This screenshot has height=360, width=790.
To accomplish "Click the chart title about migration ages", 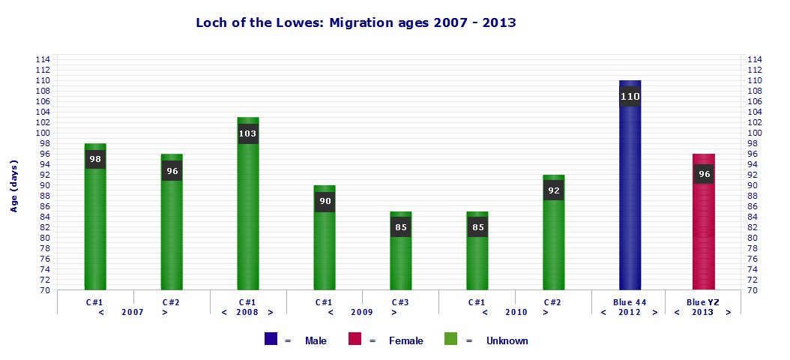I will point(356,22).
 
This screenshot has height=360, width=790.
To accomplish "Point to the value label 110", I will point(630,96).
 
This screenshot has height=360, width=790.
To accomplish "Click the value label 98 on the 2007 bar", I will point(95,159).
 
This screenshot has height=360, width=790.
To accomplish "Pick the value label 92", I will point(553,190).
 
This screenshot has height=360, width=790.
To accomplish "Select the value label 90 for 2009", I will point(325,201).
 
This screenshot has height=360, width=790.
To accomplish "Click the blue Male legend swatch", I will point(271,340).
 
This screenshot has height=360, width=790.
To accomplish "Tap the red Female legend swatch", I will point(355,340).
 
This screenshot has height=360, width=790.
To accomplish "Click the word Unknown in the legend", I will point(507,340).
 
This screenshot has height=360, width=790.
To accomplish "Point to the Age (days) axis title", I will point(13,185).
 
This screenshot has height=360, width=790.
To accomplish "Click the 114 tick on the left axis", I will point(43,59).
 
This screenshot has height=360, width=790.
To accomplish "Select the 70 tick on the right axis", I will point(754,290).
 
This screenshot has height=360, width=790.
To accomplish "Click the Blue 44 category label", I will point(630,302).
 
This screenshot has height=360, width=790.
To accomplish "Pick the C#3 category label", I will point(401,302).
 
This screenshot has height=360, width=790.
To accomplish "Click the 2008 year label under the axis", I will point(248,312).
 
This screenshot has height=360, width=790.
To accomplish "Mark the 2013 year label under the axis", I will point(702,312).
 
